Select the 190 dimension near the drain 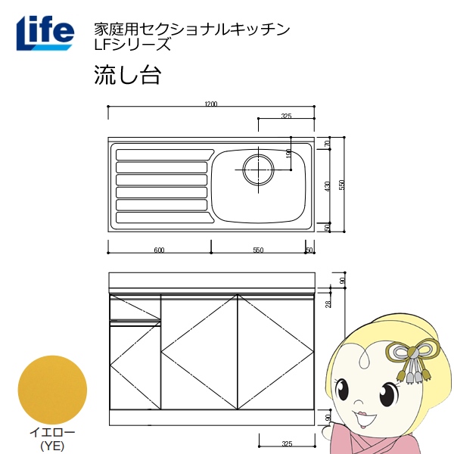coord(288,154)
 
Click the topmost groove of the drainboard coord(160,154)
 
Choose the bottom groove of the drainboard coord(163,219)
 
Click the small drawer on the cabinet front coord(135,309)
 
